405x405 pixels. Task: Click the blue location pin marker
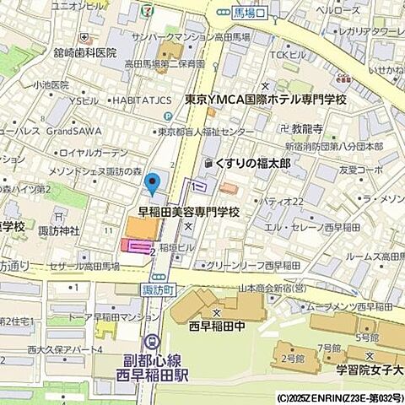[x=153, y=182]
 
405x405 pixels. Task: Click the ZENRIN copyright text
[x=339, y=397]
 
